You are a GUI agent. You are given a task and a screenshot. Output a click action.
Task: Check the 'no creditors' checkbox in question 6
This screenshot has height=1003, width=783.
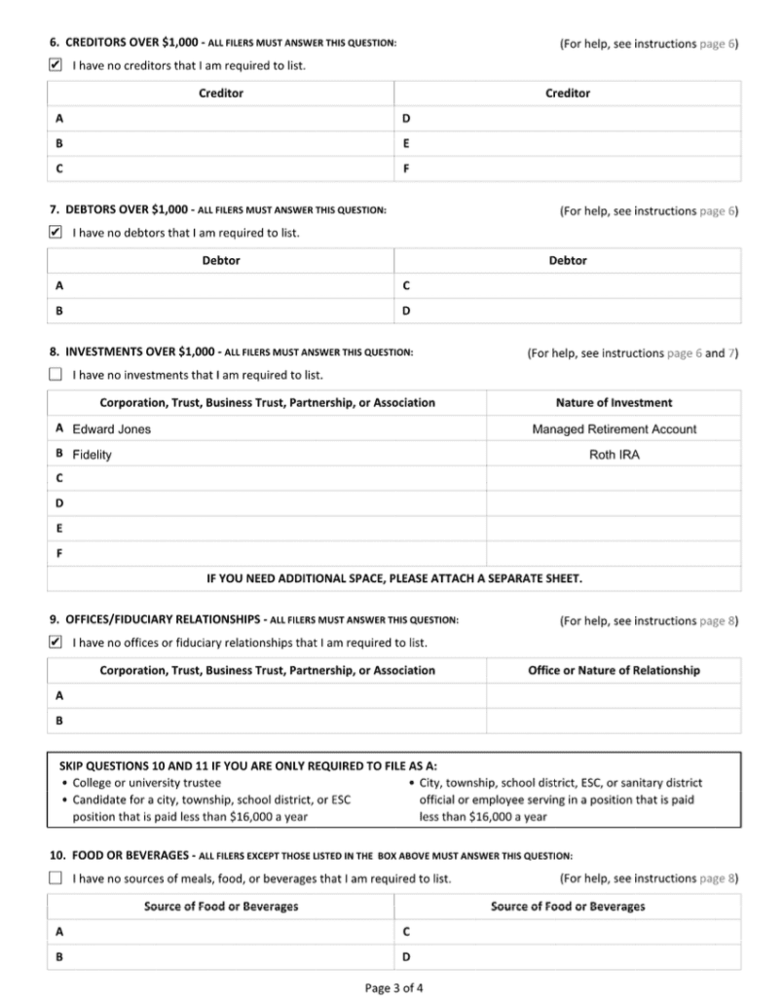click(x=56, y=65)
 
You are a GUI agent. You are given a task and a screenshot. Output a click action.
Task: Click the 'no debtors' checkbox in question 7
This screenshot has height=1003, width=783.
click(x=56, y=233)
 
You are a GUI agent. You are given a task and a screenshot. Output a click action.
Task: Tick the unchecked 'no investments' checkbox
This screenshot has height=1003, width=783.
click(x=56, y=375)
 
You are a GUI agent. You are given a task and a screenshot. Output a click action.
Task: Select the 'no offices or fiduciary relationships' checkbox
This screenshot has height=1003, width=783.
click(x=56, y=643)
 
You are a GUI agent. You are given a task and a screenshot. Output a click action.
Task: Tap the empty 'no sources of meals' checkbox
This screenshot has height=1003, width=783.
click(x=56, y=879)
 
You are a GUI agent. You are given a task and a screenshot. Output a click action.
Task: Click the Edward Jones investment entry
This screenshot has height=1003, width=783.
click(x=111, y=429)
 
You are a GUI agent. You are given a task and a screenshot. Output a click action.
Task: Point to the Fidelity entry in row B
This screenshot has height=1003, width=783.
click(x=92, y=455)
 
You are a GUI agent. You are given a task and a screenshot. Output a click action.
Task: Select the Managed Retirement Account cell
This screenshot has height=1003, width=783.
click(x=614, y=429)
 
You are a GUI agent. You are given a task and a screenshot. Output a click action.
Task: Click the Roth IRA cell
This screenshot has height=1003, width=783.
click(x=614, y=455)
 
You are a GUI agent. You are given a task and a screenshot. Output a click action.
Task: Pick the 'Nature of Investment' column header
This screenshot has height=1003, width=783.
click(x=614, y=403)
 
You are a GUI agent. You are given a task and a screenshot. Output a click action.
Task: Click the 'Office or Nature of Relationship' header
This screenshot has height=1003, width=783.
click(x=614, y=671)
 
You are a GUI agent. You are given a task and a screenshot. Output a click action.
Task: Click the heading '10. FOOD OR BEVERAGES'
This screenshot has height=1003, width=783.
click(x=119, y=856)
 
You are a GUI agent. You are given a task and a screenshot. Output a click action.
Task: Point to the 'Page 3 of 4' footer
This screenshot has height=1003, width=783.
click(x=393, y=987)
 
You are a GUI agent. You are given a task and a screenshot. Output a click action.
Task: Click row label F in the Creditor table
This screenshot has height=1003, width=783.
click(x=406, y=167)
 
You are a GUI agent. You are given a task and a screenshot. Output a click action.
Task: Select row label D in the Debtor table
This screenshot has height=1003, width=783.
click(x=406, y=312)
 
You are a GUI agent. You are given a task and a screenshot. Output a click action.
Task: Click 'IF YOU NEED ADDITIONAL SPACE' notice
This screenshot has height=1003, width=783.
click(x=393, y=579)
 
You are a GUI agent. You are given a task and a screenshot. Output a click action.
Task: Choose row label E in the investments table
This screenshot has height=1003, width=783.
click(x=60, y=529)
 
